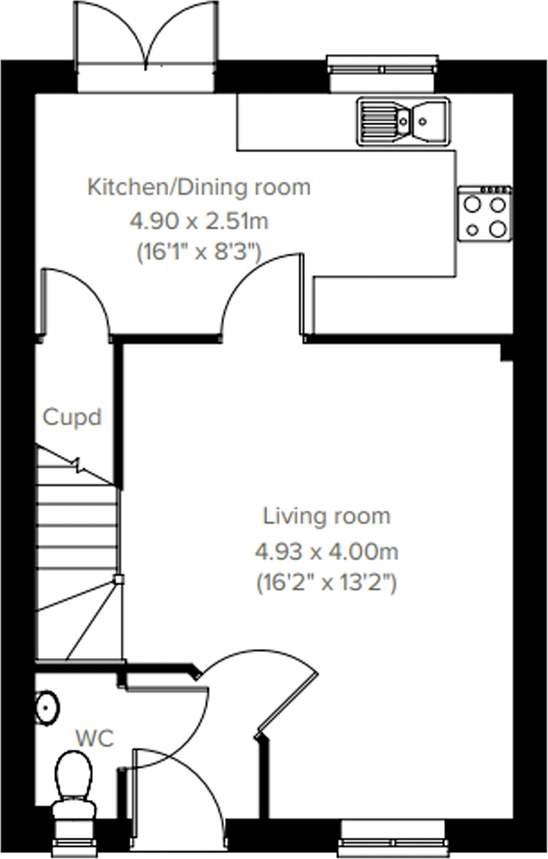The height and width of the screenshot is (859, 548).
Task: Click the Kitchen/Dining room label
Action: pos(199,187)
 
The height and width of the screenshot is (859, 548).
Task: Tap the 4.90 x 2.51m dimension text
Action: pos(199,221)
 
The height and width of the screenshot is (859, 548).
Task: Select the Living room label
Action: pos(326,516)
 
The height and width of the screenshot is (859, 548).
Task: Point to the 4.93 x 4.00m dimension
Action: pos(326,552)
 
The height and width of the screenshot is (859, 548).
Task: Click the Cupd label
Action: pos(72,417)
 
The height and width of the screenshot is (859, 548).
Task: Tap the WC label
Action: pos(95,738)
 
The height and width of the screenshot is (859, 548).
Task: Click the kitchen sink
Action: pos(404,121)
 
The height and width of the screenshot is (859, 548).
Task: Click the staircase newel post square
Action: pos(119,580)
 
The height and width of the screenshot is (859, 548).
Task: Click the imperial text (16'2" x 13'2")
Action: pos(326,583)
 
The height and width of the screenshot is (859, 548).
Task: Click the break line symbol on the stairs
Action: pos(77,465)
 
